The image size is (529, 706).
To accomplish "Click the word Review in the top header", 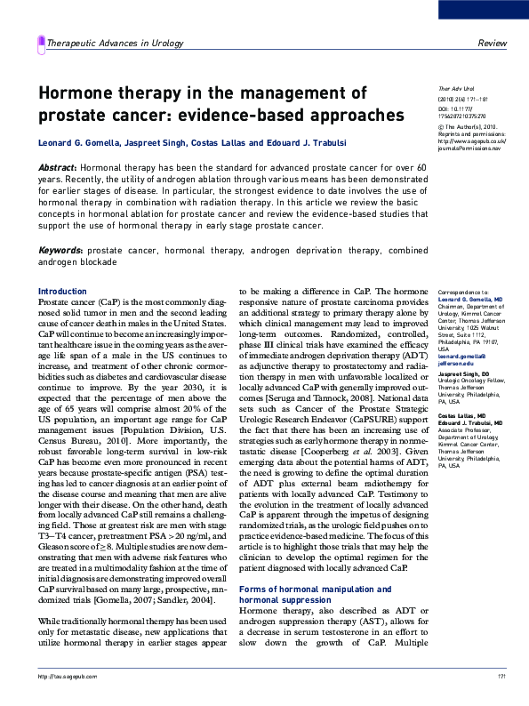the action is click(x=492, y=43).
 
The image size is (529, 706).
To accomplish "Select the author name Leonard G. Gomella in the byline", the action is click(x=77, y=144).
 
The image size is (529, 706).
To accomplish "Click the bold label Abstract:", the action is click(x=57, y=168).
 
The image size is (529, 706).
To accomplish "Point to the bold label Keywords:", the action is click(x=61, y=251).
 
